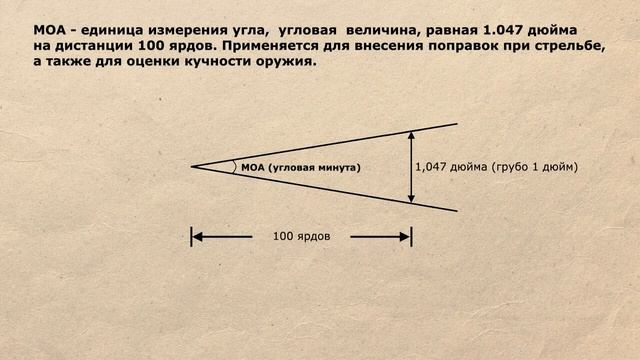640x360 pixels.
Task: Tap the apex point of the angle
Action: pyautogui.click(x=192, y=167)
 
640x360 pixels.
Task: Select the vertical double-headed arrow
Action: pyautogui.click(x=411, y=167)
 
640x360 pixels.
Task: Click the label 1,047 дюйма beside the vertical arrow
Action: pyautogui.click(x=451, y=167)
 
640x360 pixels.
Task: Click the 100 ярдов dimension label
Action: pyautogui.click(x=301, y=237)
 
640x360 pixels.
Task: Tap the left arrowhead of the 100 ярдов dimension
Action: pyautogui.click(x=197, y=237)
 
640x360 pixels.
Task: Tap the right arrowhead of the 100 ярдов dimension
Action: pyautogui.click(x=405, y=237)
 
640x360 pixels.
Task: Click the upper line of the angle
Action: pyautogui.click(x=330, y=145)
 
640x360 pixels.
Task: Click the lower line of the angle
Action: pyautogui.click(x=330, y=189)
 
